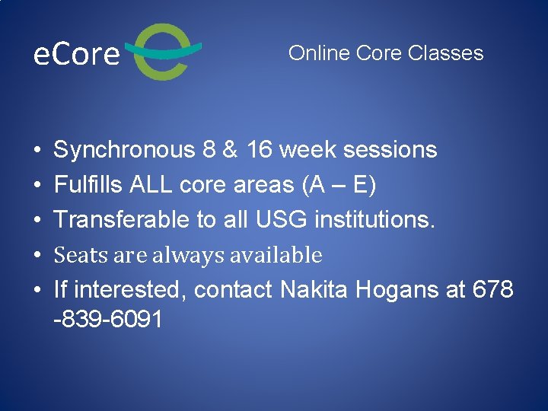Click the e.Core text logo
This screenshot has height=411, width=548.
[77, 54]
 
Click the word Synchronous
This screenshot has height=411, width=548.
[124, 150]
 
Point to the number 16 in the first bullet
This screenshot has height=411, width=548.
[259, 150]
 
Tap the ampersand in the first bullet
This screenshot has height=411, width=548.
[228, 150]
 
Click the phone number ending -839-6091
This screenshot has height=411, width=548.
[108, 320]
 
